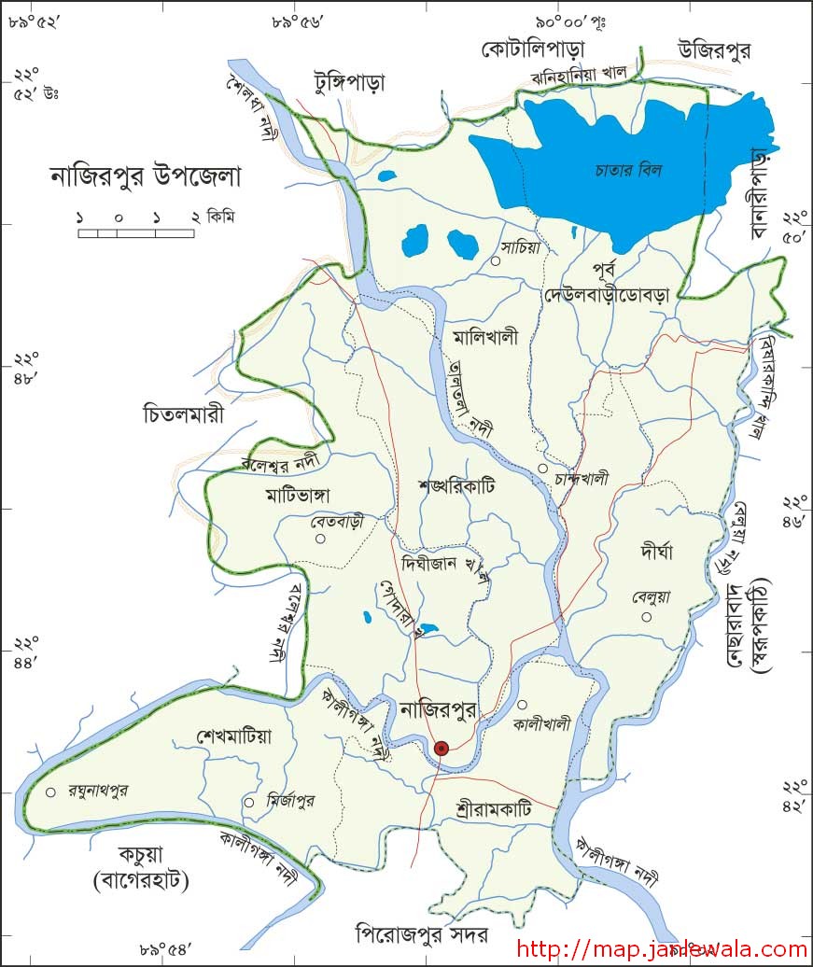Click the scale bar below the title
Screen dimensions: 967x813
point(136,232)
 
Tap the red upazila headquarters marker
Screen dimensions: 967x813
point(442,748)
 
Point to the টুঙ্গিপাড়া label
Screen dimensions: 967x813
point(349,82)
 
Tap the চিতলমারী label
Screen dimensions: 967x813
point(184,412)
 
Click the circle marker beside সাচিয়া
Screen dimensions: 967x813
point(496,261)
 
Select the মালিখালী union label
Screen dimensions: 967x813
point(484,338)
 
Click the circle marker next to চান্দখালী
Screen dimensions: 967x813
point(542,469)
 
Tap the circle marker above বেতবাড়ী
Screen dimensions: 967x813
point(320,539)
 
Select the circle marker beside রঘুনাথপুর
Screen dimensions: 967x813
point(50,792)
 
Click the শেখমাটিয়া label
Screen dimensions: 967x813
point(234,736)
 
